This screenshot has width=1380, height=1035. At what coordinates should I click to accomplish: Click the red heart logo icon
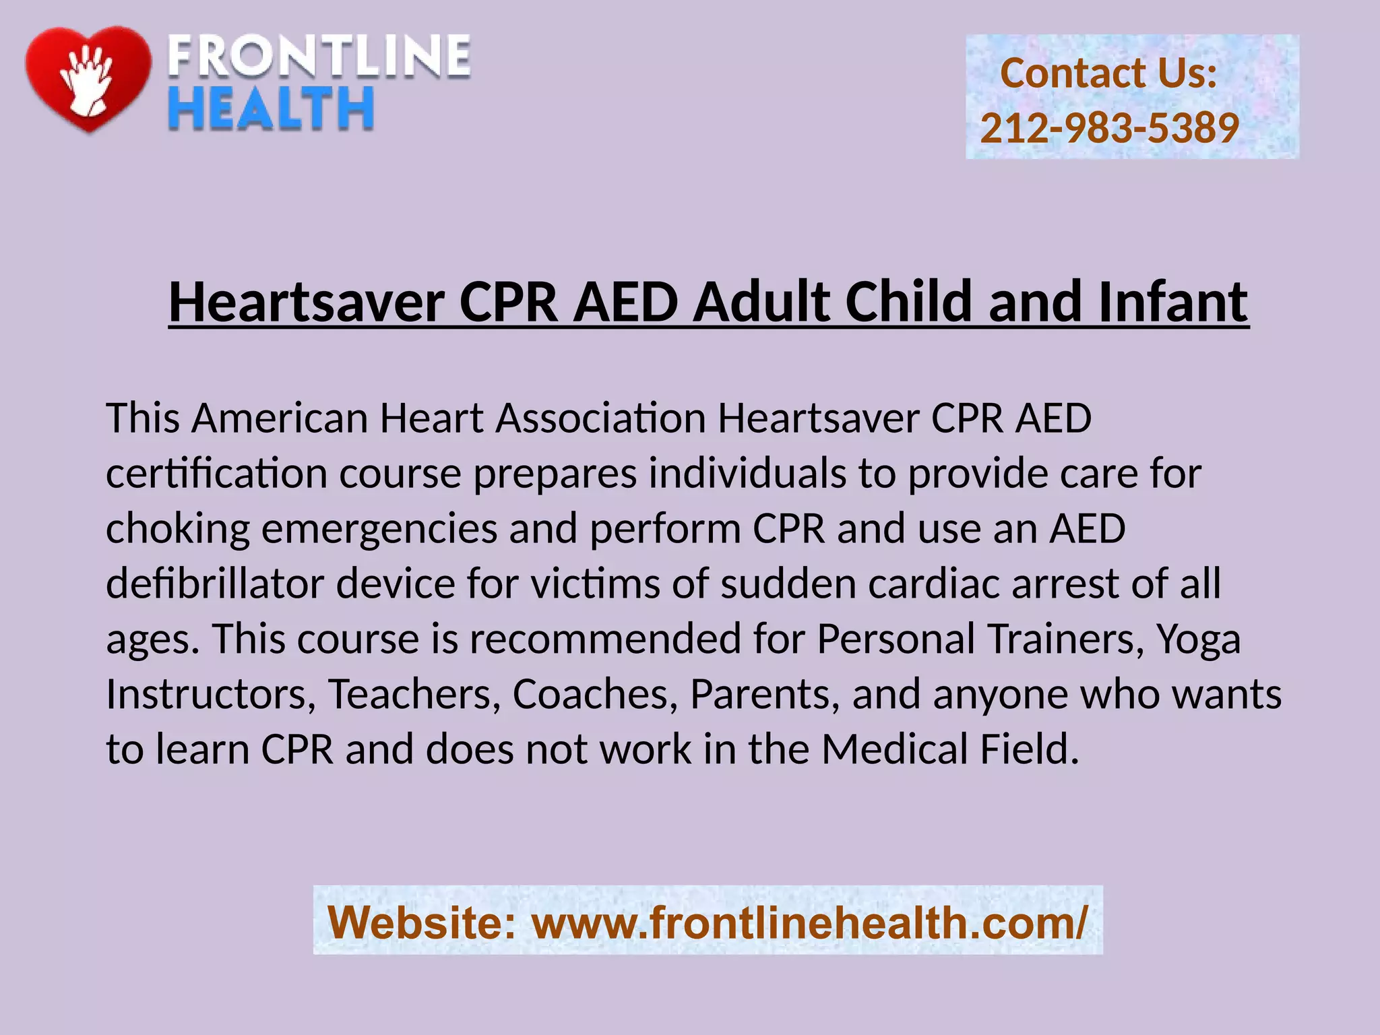click(88, 77)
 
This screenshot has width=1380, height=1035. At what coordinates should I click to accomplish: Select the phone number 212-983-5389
click(1109, 127)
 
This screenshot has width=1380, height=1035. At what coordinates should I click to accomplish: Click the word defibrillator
click(215, 584)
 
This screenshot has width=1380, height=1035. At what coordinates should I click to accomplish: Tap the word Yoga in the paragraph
click(1198, 639)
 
